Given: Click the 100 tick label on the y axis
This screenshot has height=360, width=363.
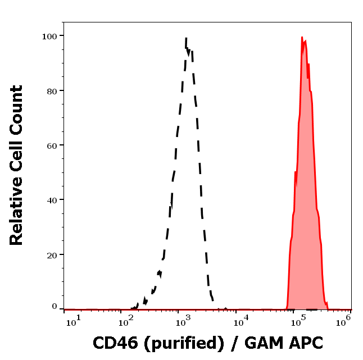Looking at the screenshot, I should pos(50,36).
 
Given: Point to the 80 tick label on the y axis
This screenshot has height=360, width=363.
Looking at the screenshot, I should pos(52,90).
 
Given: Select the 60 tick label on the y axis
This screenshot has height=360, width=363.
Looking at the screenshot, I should pos(52,145).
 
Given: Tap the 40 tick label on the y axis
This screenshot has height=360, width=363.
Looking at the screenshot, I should pos(52,199).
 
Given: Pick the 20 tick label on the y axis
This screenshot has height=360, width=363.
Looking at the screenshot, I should pos(52,254).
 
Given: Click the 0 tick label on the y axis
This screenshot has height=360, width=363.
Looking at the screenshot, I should pos(55,307).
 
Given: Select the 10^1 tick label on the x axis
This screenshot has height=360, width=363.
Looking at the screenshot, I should pos(74,320).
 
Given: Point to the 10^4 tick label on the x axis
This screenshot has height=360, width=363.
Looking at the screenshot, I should pos(243,320).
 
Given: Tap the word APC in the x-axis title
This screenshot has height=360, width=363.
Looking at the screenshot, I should pos(303,342).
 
